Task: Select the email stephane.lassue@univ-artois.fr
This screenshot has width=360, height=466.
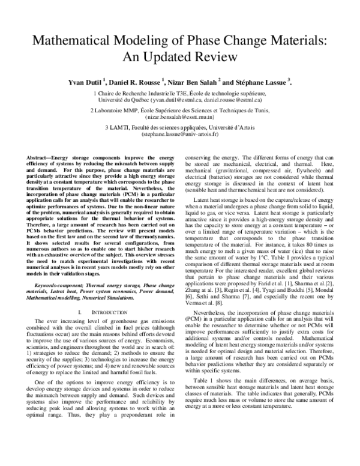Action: click(x=180, y=135)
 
